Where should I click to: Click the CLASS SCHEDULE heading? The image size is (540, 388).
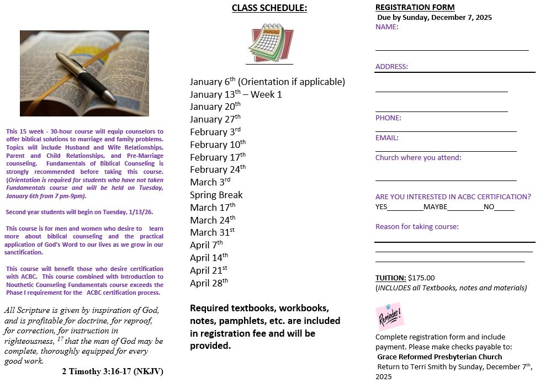269,8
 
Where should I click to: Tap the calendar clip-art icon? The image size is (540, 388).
270,43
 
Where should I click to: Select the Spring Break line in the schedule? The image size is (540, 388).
216,195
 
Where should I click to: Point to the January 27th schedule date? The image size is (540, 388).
215,119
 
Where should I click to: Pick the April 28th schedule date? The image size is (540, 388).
209,283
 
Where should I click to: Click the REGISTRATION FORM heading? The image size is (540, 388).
415,7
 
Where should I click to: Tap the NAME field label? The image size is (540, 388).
387,26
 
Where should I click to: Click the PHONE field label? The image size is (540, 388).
388,118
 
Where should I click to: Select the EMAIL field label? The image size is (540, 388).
387,137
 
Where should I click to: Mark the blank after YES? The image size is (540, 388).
405,207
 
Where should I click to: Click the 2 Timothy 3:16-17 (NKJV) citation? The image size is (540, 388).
112,371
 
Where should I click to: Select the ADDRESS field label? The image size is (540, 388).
391,67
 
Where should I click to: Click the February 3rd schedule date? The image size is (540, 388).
215,132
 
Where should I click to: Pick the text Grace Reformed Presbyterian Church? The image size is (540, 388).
440,357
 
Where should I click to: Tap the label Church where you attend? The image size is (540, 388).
418,157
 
